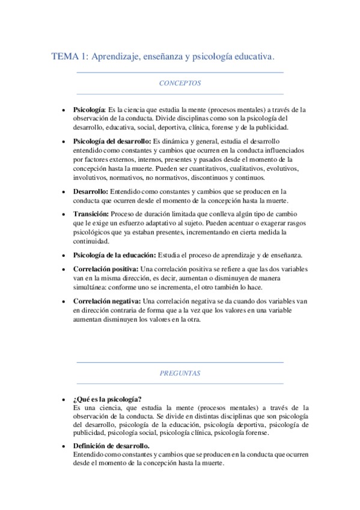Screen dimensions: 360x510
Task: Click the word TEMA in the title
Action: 64,57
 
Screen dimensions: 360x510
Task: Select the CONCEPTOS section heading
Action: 180,83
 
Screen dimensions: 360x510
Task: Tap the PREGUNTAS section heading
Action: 180,373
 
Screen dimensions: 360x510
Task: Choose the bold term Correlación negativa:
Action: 107,301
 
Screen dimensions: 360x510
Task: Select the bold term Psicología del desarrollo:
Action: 112,141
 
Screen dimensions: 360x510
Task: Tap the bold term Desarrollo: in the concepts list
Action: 91,191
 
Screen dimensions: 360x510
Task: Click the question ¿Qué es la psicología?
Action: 107,399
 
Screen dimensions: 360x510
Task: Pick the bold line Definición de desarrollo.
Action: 111,446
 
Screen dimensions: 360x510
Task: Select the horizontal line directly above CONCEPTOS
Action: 180,72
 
